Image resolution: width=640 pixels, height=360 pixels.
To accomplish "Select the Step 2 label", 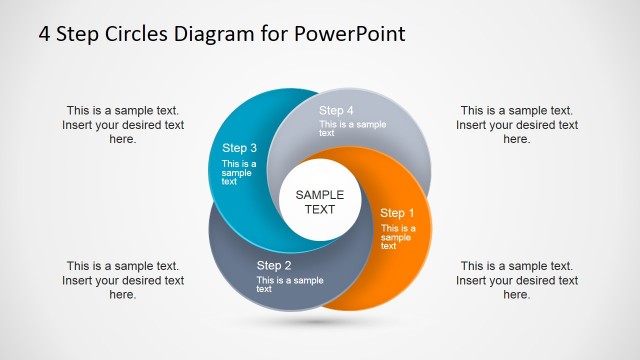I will point(274,265).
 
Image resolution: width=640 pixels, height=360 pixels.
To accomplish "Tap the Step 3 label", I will point(240,148).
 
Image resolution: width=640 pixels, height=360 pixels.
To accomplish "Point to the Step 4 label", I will point(336,110).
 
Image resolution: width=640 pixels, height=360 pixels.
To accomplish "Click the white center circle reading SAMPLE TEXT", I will point(320,203).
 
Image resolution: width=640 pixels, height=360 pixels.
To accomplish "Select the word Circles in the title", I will point(133,33).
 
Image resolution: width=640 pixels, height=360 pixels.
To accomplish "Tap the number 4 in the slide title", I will point(45,33).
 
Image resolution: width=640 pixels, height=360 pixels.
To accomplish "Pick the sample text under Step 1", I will point(398,237).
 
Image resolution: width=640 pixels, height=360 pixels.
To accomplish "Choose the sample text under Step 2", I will point(290,284).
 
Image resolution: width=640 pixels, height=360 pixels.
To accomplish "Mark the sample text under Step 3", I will point(239,173).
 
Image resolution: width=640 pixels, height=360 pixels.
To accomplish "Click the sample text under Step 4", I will point(352,128).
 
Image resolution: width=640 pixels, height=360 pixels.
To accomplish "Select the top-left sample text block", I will point(123,125).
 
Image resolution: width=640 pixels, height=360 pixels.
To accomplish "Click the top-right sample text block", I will point(517,125).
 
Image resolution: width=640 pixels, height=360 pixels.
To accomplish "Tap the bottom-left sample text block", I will point(123,280).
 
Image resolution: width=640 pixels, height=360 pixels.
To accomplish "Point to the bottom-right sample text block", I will point(517,280).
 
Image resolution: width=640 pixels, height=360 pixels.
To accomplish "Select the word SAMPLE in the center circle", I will point(320,195).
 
